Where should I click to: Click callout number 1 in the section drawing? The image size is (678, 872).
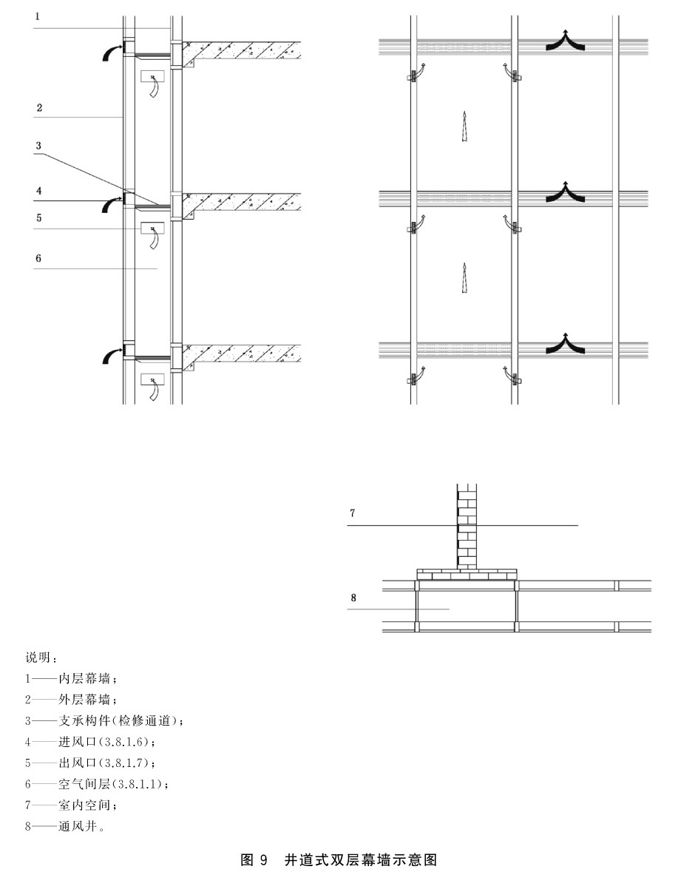37,17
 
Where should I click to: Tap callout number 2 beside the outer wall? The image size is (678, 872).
39,108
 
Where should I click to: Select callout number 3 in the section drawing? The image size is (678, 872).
38,146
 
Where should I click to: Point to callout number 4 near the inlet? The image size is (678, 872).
39,192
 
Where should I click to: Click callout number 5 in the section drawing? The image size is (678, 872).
39,218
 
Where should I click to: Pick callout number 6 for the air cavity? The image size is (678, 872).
38,259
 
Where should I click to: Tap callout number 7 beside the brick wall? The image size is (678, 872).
353,513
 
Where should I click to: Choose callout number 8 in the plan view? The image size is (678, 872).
353,598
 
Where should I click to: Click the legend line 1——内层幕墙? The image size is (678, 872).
70,678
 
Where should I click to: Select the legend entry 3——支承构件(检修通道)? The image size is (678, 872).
104,720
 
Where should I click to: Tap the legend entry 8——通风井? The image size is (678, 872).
65,826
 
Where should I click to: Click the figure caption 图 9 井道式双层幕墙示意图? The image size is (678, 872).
339,859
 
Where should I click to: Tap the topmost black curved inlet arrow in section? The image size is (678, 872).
112,52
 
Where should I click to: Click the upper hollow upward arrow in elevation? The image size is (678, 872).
464,126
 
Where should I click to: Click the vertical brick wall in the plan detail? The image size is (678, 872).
467,527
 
